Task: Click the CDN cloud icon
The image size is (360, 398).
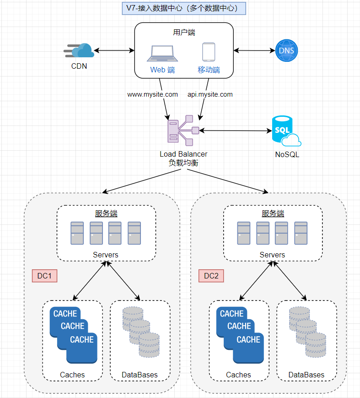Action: coord(79,50)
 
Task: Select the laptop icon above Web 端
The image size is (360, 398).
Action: coord(162,54)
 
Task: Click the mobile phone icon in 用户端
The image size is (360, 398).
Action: coord(209,52)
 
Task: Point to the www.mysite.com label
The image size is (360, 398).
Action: coord(152,94)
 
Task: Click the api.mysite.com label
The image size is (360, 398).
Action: coord(210,94)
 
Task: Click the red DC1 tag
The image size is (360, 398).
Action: coord(44,276)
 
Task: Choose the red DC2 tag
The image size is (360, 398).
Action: coord(211,276)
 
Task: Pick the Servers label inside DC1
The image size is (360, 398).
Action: coord(106,255)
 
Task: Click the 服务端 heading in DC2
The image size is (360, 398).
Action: coord(273,213)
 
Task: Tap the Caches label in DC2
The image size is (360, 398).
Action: coord(238,375)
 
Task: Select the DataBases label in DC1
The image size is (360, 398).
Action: coord(140,375)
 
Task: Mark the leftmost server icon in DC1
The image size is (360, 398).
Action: coord(77,233)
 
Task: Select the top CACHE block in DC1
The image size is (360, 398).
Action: coord(65,314)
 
